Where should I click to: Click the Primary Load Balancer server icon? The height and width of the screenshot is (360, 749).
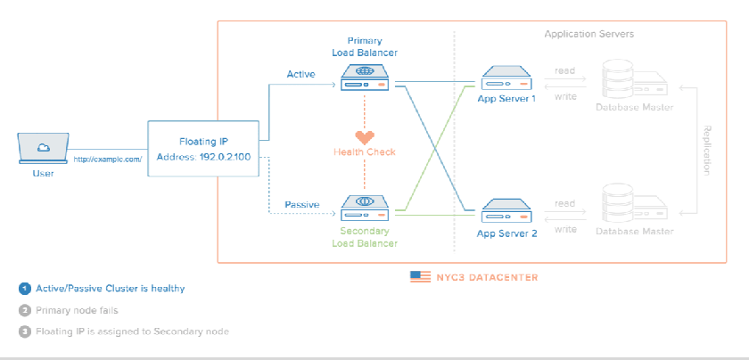(365, 78)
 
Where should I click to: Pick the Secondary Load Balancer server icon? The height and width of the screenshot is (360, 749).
(365, 209)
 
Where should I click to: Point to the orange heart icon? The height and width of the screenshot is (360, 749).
(365, 137)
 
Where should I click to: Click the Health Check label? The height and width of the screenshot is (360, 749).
(365, 152)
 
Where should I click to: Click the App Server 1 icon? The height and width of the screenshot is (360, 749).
(506, 78)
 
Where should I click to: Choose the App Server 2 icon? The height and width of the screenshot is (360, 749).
(506, 212)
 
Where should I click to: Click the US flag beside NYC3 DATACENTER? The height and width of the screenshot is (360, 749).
(420, 277)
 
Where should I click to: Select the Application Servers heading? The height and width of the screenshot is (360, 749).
(589, 34)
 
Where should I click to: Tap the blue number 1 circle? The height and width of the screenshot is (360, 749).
(24, 289)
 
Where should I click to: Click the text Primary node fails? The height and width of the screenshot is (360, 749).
(77, 310)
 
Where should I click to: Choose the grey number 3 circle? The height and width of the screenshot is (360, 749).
(24, 331)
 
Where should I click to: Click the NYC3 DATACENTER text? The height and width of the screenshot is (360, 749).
(487, 277)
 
